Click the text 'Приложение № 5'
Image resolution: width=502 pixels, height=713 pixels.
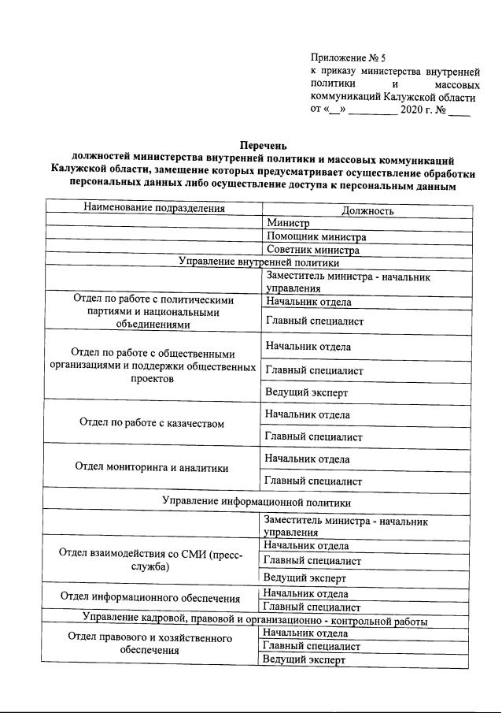click(348, 58)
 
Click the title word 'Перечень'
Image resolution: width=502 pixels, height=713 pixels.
click(263, 144)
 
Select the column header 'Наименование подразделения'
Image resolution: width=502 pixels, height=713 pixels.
click(154, 209)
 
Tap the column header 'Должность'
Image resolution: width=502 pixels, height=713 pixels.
click(367, 210)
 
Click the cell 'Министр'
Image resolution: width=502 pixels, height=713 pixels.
click(288, 224)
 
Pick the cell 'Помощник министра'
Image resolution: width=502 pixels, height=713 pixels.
click(316, 237)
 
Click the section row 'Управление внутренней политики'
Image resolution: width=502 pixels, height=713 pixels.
click(259, 262)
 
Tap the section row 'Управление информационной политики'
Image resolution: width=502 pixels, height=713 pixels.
click(256, 501)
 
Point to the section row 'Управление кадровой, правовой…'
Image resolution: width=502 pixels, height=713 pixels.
click(256, 621)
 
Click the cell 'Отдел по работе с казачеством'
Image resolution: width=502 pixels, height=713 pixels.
click(152, 423)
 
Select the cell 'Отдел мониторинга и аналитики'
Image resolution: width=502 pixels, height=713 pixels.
click(152, 467)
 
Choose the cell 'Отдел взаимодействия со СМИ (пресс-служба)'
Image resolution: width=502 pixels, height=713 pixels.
click(151, 560)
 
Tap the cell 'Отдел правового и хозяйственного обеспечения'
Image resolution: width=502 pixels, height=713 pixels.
click(150, 644)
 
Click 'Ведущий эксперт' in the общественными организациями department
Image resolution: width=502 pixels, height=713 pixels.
click(306, 392)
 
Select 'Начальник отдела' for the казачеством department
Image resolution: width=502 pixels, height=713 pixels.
click(308, 414)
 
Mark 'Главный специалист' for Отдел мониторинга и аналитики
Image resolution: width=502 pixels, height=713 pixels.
click(313, 481)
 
